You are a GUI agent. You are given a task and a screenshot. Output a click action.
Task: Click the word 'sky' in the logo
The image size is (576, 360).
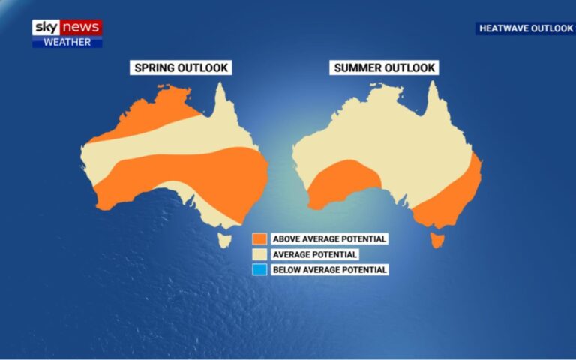click(44, 27)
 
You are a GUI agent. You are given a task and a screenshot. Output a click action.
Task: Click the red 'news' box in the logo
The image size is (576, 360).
click(80, 27)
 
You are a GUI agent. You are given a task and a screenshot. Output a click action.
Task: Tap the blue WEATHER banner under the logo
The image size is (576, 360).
click(67, 42)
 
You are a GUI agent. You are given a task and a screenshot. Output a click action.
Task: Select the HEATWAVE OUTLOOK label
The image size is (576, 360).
click(525, 28)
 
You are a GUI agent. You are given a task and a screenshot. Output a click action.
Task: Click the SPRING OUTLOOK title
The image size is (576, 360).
click(181, 68)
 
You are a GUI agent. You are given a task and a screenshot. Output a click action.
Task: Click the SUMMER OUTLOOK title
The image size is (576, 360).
click(384, 68)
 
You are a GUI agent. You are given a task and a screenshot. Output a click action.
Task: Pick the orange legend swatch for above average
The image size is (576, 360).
click(259, 238)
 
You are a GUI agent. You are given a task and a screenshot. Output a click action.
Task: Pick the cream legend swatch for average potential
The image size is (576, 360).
click(259, 254)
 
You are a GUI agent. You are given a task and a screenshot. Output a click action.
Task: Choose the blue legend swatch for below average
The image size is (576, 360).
click(259, 269)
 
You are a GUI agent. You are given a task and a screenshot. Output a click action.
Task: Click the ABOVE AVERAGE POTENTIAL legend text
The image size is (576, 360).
click(329, 238)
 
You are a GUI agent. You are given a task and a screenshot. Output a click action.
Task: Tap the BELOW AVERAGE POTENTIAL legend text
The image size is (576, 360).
click(329, 269)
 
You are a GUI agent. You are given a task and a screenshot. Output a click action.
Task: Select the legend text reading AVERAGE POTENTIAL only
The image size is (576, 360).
click(315, 254)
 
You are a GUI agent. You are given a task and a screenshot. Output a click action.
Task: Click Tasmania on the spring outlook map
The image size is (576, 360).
click(224, 239)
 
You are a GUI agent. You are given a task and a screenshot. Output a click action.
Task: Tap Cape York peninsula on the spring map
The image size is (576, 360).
click(220, 101)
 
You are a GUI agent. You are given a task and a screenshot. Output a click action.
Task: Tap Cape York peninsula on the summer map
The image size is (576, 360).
click(433, 101)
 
